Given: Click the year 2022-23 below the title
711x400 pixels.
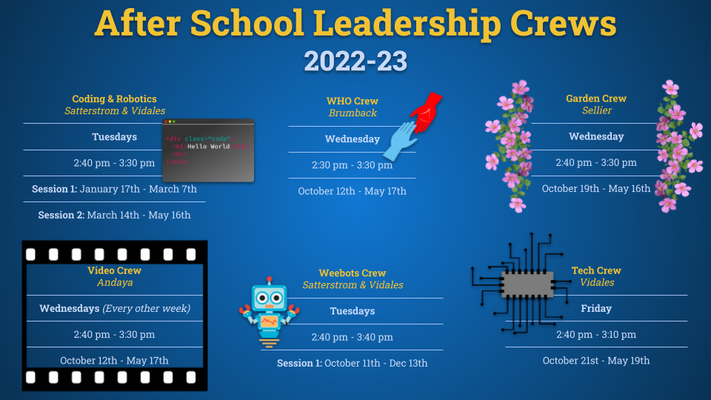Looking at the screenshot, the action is (355, 61).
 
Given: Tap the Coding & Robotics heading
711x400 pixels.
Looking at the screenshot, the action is (114, 99).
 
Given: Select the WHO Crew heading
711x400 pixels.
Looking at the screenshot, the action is (353, 101).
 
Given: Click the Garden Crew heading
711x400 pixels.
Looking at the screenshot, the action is (595, 99).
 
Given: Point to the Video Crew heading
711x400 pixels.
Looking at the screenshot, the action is (114, 270).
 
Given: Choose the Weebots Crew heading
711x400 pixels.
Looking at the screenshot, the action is (353, 273).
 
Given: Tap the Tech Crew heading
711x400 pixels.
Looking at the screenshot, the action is (595, 270).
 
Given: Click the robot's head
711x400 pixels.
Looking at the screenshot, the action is (270, 297).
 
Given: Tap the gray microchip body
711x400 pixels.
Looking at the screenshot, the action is (528, 284).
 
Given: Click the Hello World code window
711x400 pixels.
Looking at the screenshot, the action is (208, 150).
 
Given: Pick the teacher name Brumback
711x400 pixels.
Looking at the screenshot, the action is (353, 113).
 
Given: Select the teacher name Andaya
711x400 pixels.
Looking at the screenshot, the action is (115, 282).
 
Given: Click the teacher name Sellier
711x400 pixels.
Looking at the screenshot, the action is (597, 110).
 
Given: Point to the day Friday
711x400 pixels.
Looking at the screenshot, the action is (595, 308).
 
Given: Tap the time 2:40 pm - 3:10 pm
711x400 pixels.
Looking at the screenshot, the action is (595, 335).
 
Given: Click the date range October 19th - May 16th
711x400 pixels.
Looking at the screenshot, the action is (595, 189).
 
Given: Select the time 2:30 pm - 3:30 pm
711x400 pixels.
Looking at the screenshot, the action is (352, 165).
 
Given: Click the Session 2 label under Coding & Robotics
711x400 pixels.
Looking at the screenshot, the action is (61, 215).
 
